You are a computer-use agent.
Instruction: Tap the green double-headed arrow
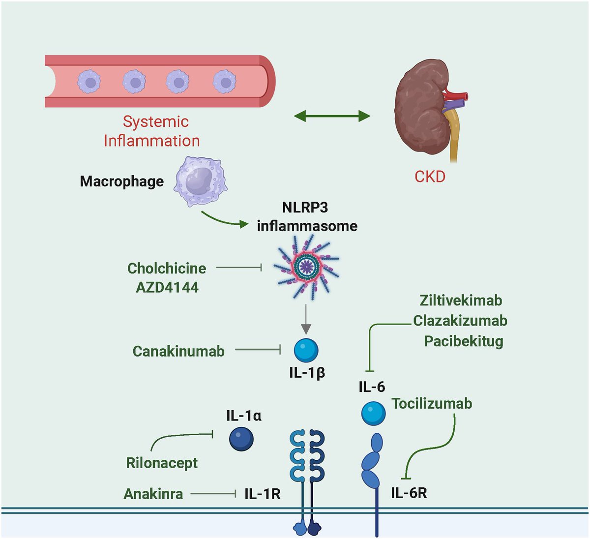click(332, 117)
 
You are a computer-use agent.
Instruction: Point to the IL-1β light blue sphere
click(306, 351)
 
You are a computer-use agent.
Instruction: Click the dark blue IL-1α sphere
click(241, 439)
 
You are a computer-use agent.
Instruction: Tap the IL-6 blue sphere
click(373, 413)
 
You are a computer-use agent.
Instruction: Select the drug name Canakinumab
click(178, 351)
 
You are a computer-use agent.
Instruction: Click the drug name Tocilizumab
click(432, 404)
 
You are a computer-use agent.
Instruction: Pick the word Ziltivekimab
click(461, 300)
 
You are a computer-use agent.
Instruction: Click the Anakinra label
click(153, 493)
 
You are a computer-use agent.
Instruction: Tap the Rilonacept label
click(162, 463)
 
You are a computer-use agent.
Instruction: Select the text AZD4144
click(167, 287)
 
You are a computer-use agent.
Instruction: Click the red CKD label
click(430, 176)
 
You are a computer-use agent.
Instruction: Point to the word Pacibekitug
click(463, 341)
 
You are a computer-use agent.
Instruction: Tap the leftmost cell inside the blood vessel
click(88, 81)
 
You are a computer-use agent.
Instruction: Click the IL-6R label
click(409, 493)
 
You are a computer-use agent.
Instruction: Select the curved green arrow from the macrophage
click(224, 220)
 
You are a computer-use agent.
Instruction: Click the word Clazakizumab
click(460, 321)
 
